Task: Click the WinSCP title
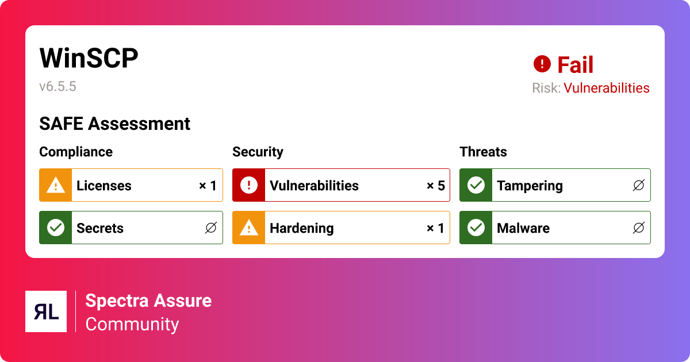point(89,59)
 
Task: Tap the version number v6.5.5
point(57,87)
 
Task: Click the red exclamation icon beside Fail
point(542,64)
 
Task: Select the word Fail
point(575,65)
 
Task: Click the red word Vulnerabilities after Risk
point(606,88)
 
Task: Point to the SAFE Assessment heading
point(114,124)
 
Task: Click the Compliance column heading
point(76,152)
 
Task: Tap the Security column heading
point(258,152)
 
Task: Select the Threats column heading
point(483,152)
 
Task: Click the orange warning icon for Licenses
point(55,185)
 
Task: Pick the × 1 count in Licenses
point(208,186)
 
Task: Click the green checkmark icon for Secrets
point(55,228)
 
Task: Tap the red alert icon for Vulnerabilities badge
point(248,185)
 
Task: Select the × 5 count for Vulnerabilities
point(435,186)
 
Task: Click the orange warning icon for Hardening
point(248,228)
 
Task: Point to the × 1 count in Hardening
point(435,228)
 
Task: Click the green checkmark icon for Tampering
point(476,185)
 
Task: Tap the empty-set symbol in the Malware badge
point(638,228)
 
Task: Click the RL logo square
point(46,311)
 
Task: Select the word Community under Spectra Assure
point(132,324)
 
